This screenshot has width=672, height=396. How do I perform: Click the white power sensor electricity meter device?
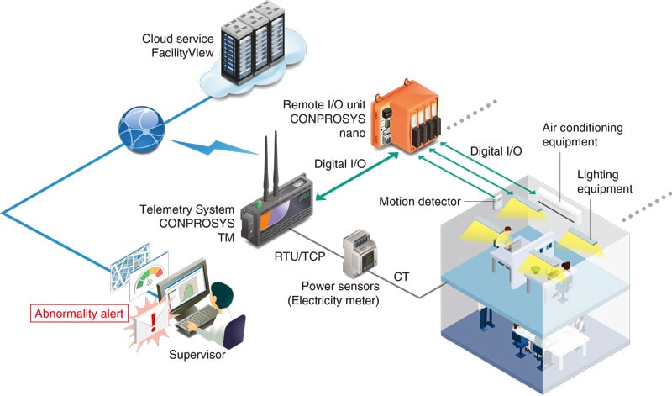pyautogui.click(x=356, y=251)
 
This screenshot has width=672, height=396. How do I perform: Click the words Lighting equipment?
pyautogui.click(x=605, y=182)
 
